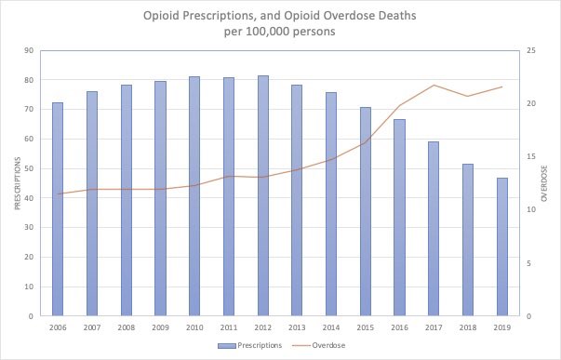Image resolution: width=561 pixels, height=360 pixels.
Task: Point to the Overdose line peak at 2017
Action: (434, 86)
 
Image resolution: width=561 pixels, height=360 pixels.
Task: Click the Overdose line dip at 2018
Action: (468, 96)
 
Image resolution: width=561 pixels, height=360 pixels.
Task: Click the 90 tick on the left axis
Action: (30, 50)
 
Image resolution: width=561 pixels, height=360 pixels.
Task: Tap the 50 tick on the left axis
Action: (30, 168)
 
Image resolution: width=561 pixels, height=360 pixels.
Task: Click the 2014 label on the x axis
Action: (331, 327)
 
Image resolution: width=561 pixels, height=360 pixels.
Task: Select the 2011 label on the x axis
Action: (229, 327)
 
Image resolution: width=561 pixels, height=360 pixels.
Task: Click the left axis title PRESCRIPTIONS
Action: (16, 183)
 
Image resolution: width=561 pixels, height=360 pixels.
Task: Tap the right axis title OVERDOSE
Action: (544, 183)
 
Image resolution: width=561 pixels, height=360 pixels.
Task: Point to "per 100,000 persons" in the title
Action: (280, 33)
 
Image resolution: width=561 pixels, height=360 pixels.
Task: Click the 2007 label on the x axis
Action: (92, 327)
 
